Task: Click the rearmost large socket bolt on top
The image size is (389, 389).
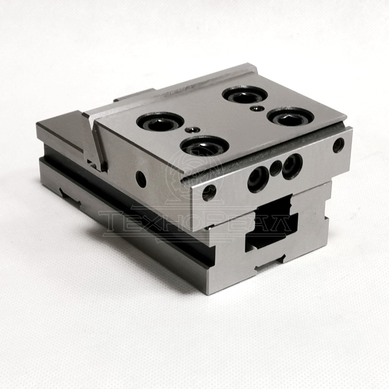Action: click(245, 95)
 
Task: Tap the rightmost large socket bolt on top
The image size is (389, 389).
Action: click(290, 118)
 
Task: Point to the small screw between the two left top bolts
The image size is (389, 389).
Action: click(192, 129)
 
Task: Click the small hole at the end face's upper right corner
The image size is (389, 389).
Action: click(339, 145)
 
